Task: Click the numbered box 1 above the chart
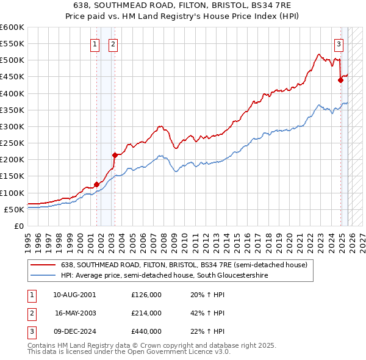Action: tap(96, 43)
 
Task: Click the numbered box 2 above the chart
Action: tap(113, 43)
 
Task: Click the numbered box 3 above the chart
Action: tap(339, 43)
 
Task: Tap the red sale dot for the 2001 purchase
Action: tap(96, 184)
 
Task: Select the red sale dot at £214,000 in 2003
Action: tap(114, 155)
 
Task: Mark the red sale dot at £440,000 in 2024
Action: tap(340, 80)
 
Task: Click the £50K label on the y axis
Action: tap(14, 209)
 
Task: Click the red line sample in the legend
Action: tap(43, 265)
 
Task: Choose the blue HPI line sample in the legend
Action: tap(43, 276)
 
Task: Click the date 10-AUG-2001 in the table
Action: tap(74, 294)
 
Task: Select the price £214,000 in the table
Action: tap(146, 313)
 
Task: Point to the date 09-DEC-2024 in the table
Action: tap(74, 331)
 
